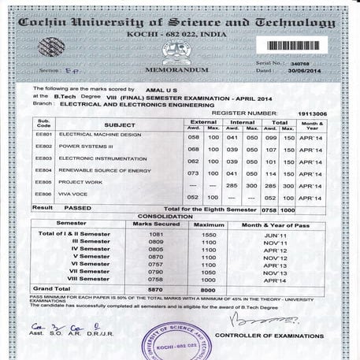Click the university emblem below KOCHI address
click(177, 51)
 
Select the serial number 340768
click(301, 61)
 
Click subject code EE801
click(44, 135)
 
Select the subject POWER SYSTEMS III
click(85, 147)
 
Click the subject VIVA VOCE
click(75, 194)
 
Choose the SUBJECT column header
click(120, 124)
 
